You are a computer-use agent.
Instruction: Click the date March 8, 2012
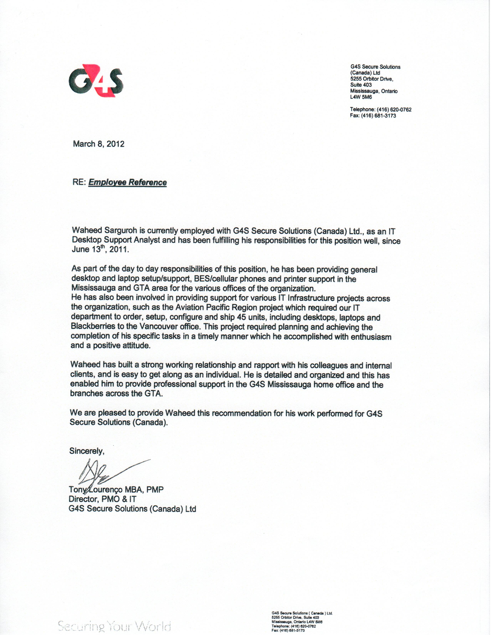click(x=99, y=144)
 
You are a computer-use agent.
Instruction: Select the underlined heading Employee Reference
click(x=127, y=182)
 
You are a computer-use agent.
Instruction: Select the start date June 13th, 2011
click(x=100, y=249)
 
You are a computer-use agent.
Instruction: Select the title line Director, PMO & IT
click(x=102, y=499)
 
